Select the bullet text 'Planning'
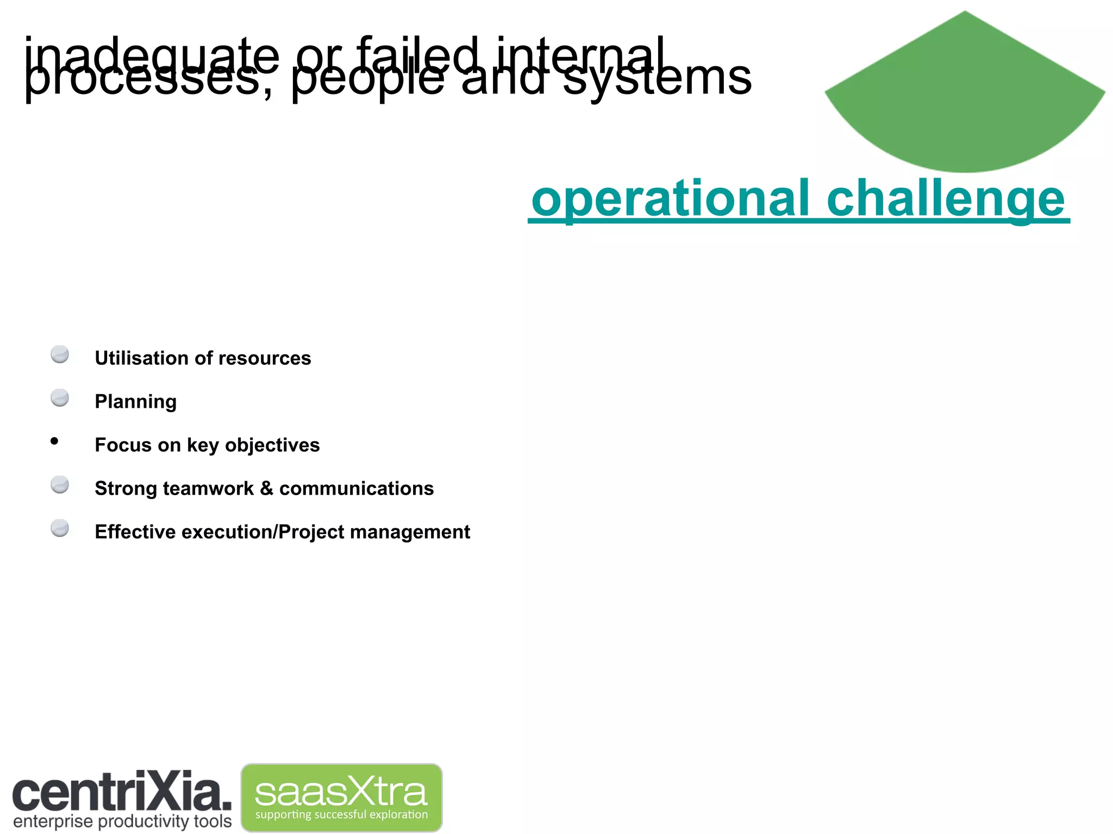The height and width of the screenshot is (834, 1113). coord(135,402)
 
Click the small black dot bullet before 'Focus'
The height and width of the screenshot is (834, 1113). coord(54,441)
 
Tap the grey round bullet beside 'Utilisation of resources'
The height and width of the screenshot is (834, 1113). coord(60,355)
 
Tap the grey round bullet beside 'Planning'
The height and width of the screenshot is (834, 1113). coord(60,398)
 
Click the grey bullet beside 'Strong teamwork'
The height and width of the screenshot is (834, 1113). coord(60,485)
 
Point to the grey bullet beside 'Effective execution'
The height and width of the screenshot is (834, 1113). coord(60,528)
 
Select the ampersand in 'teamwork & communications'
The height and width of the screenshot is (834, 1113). coord(266,488)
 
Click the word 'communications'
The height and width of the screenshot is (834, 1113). coord(356,489)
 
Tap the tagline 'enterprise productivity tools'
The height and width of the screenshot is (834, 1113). coord(122,822)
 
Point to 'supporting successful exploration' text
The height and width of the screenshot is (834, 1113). coord(341,815)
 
